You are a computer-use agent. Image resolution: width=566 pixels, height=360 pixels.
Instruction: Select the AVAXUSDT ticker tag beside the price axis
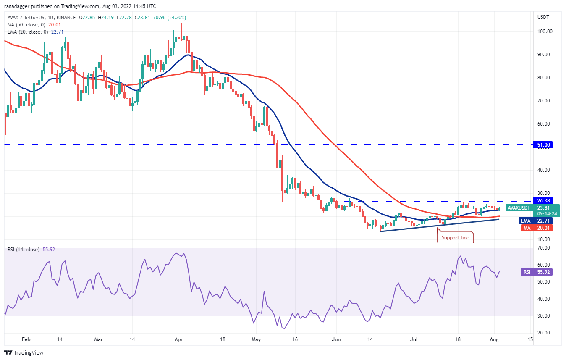point(519,208)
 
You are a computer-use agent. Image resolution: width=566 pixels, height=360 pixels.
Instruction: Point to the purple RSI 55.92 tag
point(527,272)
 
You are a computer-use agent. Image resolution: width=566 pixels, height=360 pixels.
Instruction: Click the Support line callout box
point(456,238)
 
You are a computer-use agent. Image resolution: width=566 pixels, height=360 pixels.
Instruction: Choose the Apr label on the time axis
point(178,339)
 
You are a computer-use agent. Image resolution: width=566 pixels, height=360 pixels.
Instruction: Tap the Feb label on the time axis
point(26,339)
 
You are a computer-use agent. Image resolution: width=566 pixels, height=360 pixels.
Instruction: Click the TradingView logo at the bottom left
point(24,352)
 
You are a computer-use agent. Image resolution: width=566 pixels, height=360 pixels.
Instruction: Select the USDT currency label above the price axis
point(543,17)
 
